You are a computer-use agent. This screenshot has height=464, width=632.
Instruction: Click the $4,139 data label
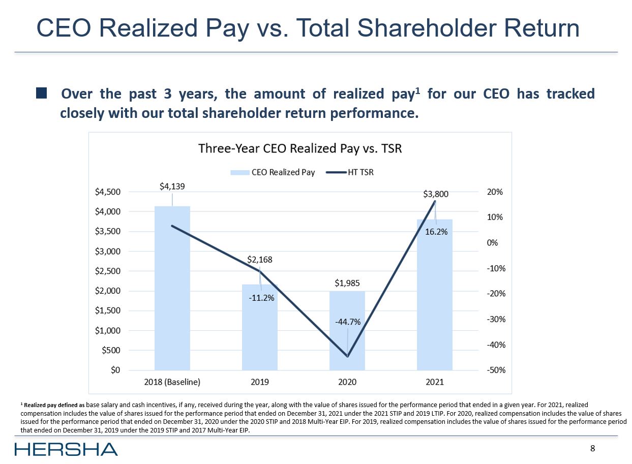(x=172, y=187)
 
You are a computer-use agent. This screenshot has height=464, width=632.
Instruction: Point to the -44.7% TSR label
(x=348, y=322)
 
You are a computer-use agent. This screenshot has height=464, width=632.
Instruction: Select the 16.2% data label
(x=436, y=232)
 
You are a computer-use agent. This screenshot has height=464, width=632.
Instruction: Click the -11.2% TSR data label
(x=261, y=298)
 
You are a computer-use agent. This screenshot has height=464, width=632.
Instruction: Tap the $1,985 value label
(x=347, y=283)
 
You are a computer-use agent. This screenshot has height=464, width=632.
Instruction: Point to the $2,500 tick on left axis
(x=108, y=271)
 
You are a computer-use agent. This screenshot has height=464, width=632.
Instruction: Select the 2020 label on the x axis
(x=347, y=382)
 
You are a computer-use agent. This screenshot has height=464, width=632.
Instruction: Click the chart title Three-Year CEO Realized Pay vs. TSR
(x=300, y=148)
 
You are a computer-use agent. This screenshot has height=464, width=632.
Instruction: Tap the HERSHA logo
(x=66, y=449)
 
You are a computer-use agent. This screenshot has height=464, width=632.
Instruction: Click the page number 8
(x=592, y=448)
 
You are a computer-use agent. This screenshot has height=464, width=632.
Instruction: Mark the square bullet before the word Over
(x=42, y=94)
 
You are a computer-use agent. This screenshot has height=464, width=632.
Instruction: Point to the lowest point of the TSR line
(x=347, y=356)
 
